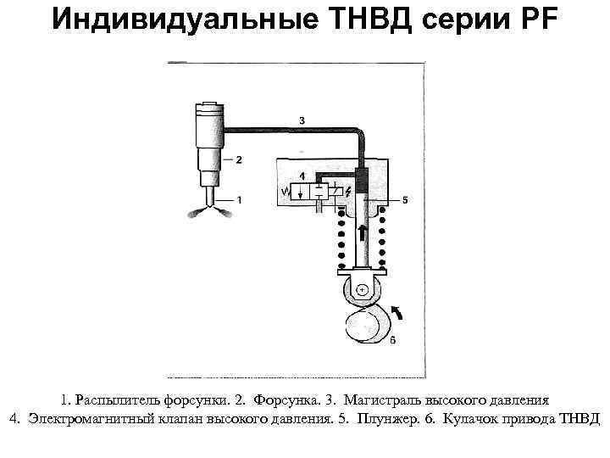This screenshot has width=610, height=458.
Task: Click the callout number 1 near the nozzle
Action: coord(240,200)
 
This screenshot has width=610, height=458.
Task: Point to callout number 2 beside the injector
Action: coord(240,159)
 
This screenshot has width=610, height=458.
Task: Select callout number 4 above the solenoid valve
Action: coord(302,175)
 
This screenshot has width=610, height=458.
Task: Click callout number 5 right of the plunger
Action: coord(405,200)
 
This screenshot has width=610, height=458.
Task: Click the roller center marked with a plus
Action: coord(363,290)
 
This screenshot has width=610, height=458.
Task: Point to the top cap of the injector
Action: coord(208,109)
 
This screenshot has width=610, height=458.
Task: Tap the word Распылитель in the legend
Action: coord(115,399)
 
